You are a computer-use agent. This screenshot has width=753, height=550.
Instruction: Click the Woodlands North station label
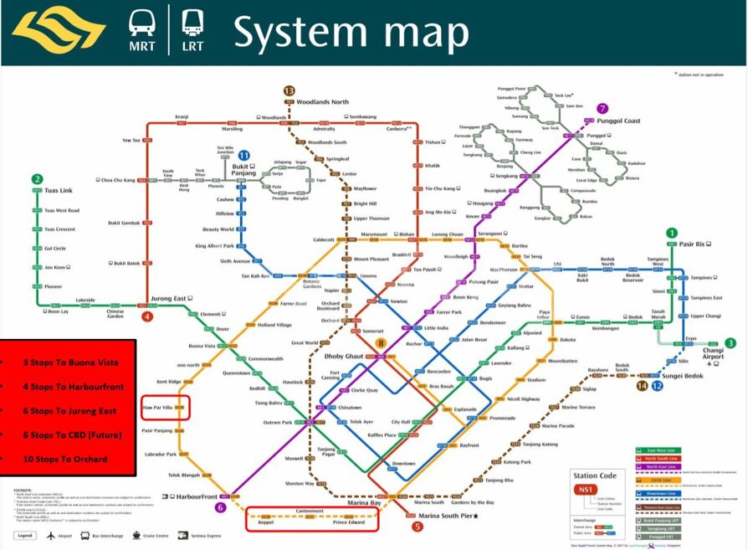[x=329, y=101]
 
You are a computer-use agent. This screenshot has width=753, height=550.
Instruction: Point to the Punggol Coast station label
[x=619, y=121]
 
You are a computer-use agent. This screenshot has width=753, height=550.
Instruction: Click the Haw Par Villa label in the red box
[x=158, y=407]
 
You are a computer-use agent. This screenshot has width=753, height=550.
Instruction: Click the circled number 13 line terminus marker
[x=289, y=90]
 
